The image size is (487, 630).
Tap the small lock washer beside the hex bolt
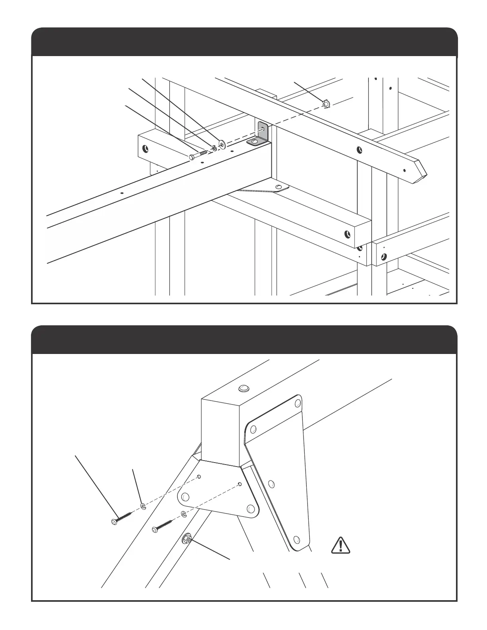pyautogui.click(x=214, y=148)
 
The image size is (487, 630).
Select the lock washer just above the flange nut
pyautogui.click(x=184, y=514)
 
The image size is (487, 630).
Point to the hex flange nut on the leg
pyautogui.click(x=186, y=539)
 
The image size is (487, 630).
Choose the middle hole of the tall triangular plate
pyautogui.click(x=271, y=484)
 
